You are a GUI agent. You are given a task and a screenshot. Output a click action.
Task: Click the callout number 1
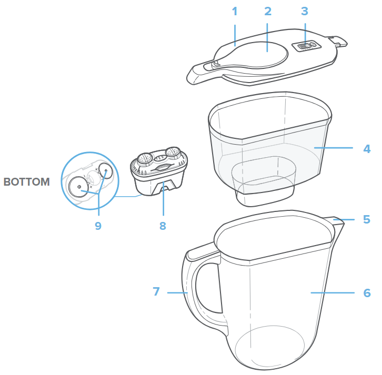tap(235, 12)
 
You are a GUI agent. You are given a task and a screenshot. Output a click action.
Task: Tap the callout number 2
tap(268, 12)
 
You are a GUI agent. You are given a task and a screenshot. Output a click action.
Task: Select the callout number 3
tap(305, 12)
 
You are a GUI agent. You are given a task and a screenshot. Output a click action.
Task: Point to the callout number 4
tap(367, 149)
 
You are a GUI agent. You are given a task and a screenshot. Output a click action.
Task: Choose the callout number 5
tap(367, 219)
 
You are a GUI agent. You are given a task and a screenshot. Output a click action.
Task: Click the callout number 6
tap(367, 293)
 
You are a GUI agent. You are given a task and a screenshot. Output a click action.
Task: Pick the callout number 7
tap(156, 291)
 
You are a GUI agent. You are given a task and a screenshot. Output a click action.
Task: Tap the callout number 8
tap(163, 226)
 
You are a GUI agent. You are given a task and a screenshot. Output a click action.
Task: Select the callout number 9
tap(98, 226)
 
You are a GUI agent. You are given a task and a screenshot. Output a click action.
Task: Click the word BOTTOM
tap(26, 182)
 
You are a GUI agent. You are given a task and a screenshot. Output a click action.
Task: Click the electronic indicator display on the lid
tap(306, 46)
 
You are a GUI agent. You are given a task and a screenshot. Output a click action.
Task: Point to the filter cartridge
tap(159, 171)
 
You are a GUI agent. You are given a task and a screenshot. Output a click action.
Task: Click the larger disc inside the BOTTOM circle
tap(79, 187)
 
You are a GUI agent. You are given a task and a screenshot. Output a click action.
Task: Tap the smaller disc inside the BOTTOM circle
tap(105, 171)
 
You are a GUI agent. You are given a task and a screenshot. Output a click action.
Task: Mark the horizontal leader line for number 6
tap(333, 293)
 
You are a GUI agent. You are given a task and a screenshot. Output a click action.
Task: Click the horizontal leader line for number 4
tap(334, 148)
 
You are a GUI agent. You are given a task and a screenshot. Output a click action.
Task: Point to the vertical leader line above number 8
tap(164, 198)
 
